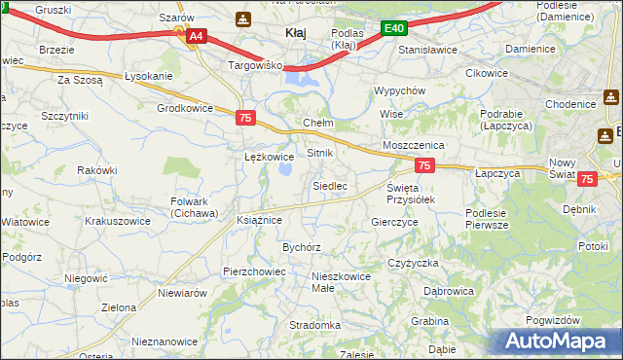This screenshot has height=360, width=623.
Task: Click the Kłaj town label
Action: (x=295, y=33)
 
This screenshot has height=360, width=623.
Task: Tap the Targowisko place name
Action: (x=254, y=66)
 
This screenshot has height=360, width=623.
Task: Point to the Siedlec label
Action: (x=329, y=185)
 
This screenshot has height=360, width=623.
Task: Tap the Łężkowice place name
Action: (x=269, y=156)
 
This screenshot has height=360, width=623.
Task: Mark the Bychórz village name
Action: (x=302, y=247)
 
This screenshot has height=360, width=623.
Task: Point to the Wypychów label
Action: (x=400, y=90)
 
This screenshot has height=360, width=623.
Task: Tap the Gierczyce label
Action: (x=395, y=222)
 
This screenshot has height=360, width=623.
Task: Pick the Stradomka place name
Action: (x=314, y=325)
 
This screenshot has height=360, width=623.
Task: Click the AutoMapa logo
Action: (x=558, y=341)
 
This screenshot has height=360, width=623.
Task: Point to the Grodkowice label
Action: (x=184, y=108)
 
